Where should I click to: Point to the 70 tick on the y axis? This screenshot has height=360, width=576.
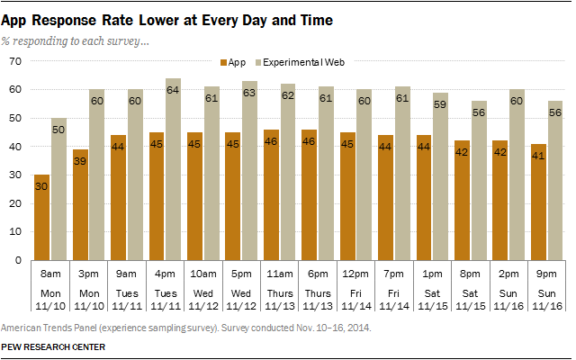pos(15,61)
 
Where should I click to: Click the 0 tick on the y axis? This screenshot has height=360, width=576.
pos(18,260)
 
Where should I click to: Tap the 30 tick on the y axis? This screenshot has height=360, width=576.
pos(15,175)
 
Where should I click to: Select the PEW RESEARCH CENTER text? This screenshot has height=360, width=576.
pos(53,346)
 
